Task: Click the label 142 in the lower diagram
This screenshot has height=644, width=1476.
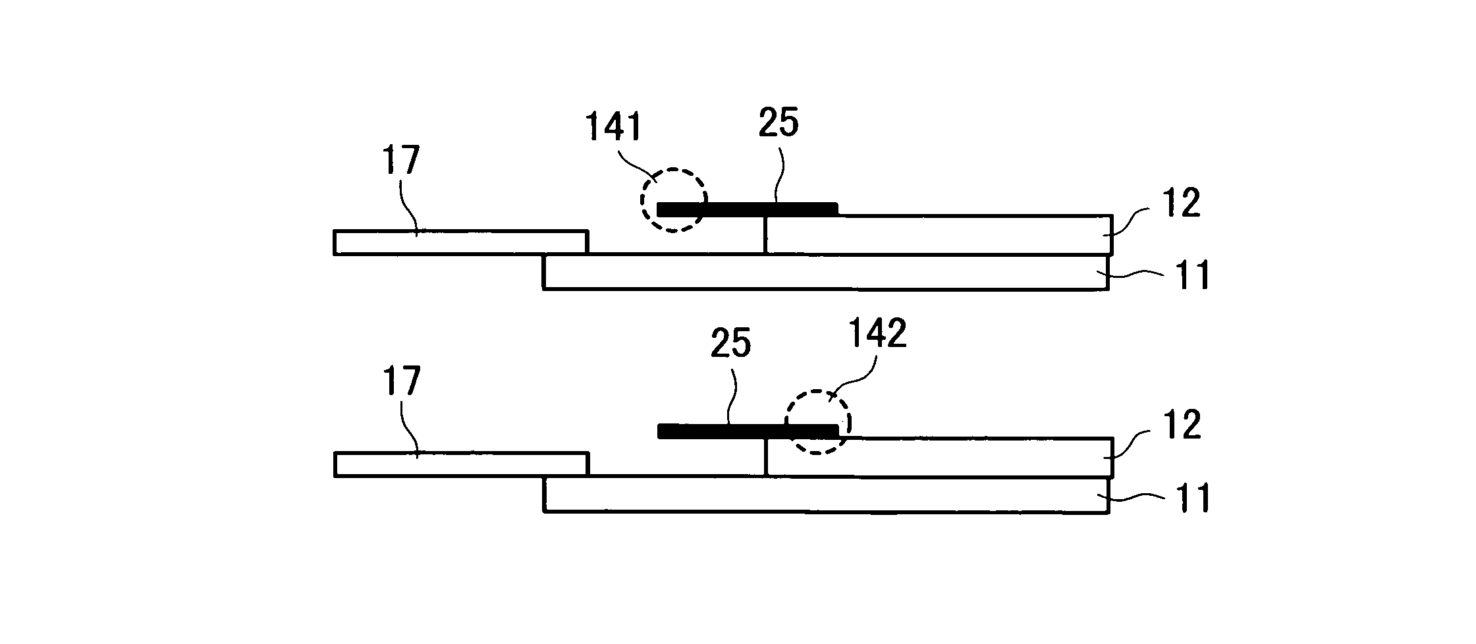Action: click(x=877, y=333)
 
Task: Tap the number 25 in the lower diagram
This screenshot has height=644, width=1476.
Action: click(x=730, y=344)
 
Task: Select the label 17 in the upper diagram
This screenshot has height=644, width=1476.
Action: click(x=400, y=161)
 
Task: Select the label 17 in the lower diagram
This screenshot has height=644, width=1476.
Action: click(x=400, y=382)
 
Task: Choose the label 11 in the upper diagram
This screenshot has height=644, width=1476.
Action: click(x=1193, y=276)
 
